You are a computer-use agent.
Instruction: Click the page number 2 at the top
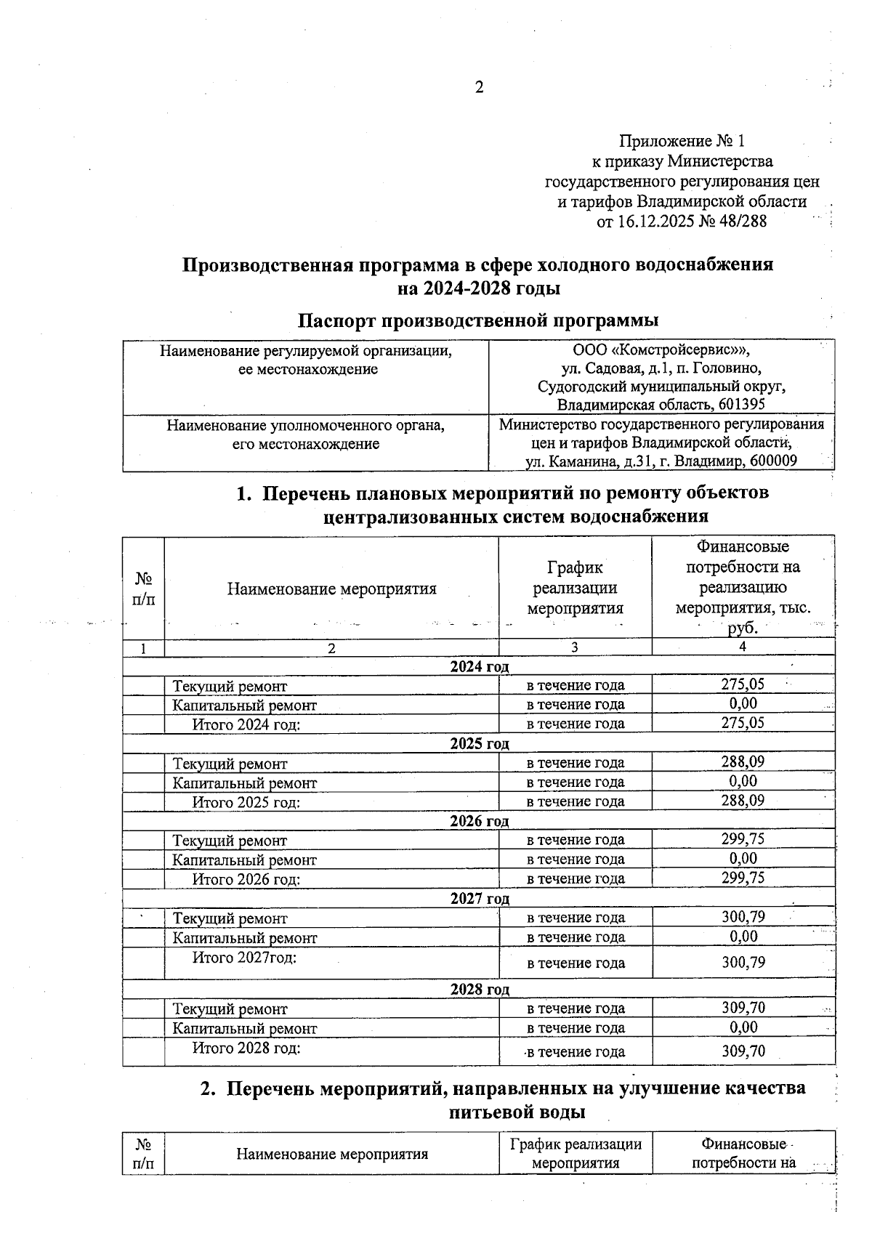(x=478, y=88)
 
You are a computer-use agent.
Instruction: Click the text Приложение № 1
(x=682, y=140)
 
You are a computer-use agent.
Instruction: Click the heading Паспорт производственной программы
(x=478, y=320)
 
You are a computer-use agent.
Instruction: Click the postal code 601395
(x=739, y=405)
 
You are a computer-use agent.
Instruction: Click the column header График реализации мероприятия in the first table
(x=574, y=588)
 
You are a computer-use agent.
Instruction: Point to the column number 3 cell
(x=574, y=648)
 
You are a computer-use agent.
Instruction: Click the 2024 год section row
(x=479, y=666)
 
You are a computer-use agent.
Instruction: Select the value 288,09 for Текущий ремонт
(x=743, y=761)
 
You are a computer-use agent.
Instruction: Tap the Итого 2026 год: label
(x=246, y=879)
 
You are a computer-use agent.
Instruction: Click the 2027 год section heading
(x=479, y=899)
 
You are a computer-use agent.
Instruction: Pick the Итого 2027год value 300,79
(x=743, y=963)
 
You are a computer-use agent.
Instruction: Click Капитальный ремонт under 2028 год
(x=244, y=1028)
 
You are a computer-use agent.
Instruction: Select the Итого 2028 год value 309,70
(x=743, y=1051)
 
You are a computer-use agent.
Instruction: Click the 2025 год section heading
(x=479, y=744)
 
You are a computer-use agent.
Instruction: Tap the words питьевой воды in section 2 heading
(x=517, y=1112)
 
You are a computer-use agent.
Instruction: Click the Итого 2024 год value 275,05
(x=743, y=723)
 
